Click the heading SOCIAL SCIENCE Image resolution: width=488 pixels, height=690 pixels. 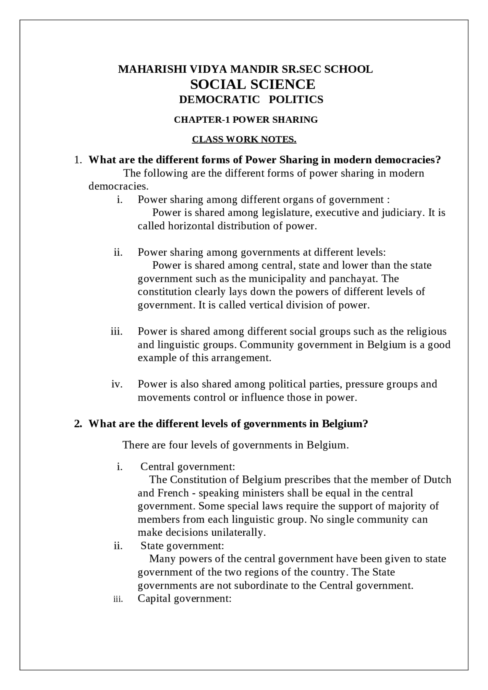tap(252, 84)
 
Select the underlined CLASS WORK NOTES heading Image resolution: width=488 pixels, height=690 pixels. tap(244, 139)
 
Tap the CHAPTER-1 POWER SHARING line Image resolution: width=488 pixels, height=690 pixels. tap(246, 120)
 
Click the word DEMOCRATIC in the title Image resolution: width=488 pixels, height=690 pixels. tap(219, 99)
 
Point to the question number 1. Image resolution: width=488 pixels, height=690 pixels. tap(77, 160)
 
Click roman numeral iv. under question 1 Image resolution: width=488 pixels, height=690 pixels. tap(117, 384)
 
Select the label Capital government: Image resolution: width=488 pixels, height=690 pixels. tap(185, 599)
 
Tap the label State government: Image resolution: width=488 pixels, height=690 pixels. tap(182, 546)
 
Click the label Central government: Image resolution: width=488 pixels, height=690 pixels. tap(188, 467)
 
